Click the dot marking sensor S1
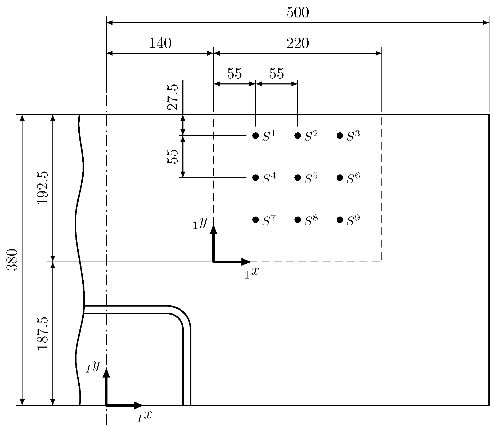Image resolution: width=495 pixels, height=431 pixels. pyautogui.click(x=255, y=136)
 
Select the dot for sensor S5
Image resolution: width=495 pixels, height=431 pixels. pyautogui.click(x=298, y=178)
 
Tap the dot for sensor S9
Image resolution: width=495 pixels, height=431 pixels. pyautogui.click(x=340, y=220)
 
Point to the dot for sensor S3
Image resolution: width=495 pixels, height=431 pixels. pyautogui.click(x=340, y=136)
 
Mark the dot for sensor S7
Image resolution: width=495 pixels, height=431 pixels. pyautogui.click(x=255, y=220)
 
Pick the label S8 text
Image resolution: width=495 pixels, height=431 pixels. pyautogui.click(x=311, y=221)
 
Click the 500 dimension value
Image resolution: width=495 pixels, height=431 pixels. pyautogui.click(x=298, y=13)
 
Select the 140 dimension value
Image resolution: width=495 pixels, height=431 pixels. pyautogui.click(x=160, y=43)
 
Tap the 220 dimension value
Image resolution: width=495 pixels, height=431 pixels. pyautogui.click(x=298, y=43)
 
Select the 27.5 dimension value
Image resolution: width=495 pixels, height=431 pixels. pyautogui.click(x=173, y=97)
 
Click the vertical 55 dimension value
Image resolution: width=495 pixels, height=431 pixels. pyautogui.click(x=173, y=156)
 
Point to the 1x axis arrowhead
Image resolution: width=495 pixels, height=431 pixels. pyautogui.click(x=246, y=262)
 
